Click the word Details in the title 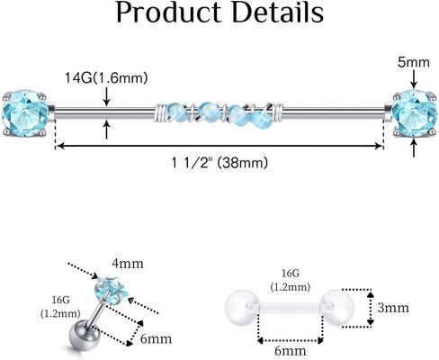click(x=278, y=13)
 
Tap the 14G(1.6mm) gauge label click(x=106, y=78)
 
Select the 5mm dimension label click(x=414, y=62)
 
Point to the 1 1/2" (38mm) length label click(x=219, y=163)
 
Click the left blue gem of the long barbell click(x=25, y=113)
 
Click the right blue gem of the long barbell click(x=414, y=113)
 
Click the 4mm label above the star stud click(x=128, y=264)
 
